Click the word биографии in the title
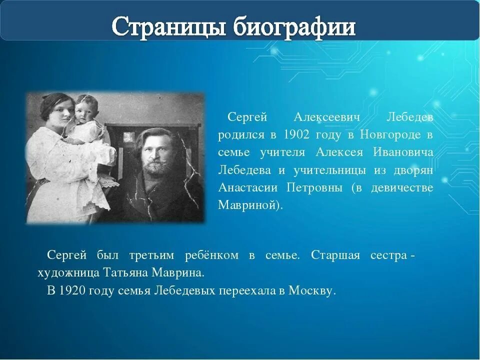[x=294, y=26]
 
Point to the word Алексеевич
[x=326, y=117]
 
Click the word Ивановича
[x=403, y=152]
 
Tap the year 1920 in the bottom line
[x=70, y=290]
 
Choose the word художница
[x=68, y=273]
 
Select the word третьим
[x=151, y=255]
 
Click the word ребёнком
[x=211, y=255]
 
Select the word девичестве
[x=402, y=188]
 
